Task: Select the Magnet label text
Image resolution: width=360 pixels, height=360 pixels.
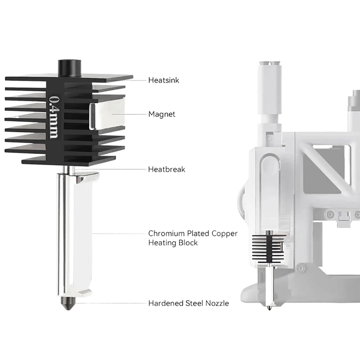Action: click(162, 114)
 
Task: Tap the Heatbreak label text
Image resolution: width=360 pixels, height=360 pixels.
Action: click(166, 170)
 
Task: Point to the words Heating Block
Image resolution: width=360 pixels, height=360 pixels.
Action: click(173, 243)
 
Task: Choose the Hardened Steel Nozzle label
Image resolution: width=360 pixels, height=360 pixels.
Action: click(188, 303)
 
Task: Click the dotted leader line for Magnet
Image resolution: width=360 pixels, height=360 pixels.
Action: click(131, 114)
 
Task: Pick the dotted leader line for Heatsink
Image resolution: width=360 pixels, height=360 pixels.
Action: click(139, 80)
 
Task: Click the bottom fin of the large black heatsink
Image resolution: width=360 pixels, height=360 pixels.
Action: click(67, 160)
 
